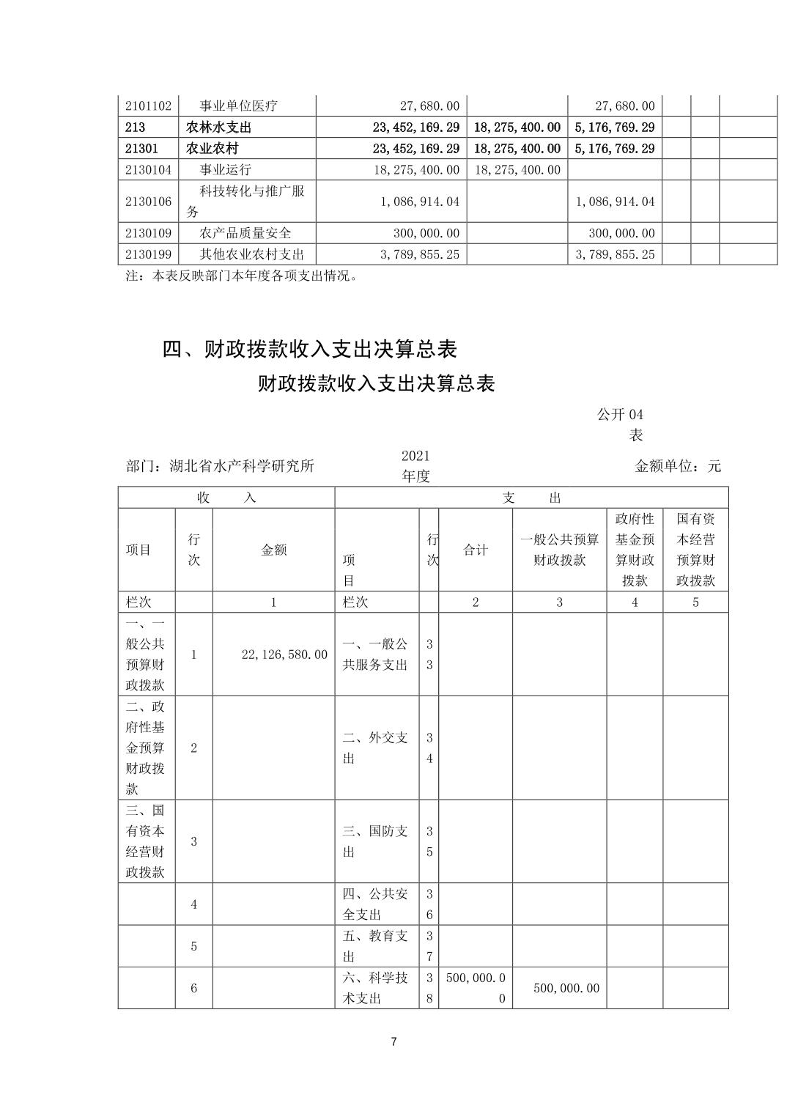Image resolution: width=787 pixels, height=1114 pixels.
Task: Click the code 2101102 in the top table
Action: [x=147, y=106]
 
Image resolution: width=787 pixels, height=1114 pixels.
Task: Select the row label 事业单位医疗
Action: [x=238, y=106]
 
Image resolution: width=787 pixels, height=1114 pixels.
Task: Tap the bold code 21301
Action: [x=141, y=148]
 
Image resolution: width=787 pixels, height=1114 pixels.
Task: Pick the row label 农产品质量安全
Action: [x=245, y=233]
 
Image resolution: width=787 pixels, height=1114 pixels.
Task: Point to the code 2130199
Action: [x=147, y=254]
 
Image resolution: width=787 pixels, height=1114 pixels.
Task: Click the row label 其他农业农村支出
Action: [x=251, y=254]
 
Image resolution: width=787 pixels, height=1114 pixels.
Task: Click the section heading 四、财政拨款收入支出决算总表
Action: [x=309, y=349]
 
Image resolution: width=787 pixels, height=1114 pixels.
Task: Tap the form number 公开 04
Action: [x=620, y=415]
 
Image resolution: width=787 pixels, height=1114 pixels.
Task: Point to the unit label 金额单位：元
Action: [x=678, y=465]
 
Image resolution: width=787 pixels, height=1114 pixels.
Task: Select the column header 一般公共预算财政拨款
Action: [x=559, y=550]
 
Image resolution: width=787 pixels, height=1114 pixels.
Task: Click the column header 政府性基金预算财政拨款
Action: [x=635, y=550]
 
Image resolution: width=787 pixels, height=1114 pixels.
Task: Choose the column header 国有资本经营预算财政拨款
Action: [x=695, y=550]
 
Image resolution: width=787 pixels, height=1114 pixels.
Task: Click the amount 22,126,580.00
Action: [x=284, y=654]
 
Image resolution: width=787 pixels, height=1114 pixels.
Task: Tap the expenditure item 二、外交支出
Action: [x=375, y=748]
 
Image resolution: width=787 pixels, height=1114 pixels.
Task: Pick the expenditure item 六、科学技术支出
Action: [x=375, y=987]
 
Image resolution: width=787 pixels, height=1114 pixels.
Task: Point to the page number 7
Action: [x=393, y=1041]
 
